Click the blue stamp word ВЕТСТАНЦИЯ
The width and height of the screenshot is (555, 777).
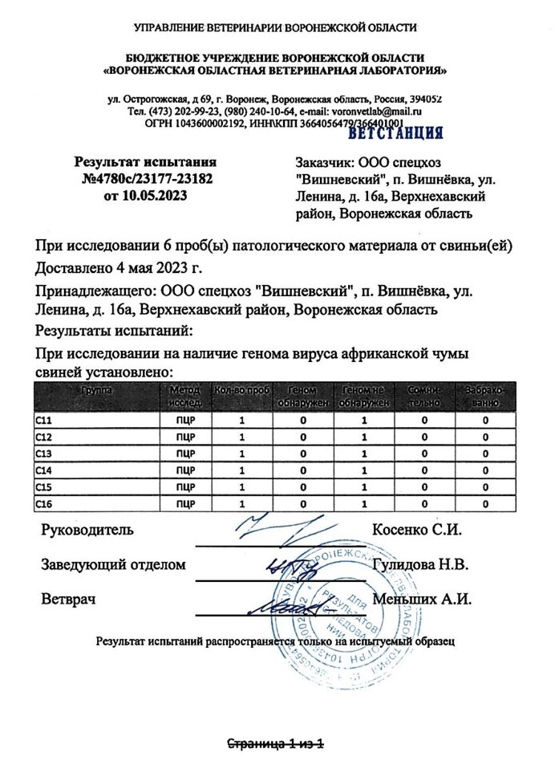395,132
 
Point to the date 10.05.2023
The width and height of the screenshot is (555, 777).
157,195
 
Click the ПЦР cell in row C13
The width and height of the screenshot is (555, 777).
185,453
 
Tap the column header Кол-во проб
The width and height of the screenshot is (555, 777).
241,390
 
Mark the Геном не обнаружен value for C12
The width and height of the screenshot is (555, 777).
364,436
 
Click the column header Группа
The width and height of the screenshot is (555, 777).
96,390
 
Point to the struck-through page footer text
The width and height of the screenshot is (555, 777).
277,744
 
